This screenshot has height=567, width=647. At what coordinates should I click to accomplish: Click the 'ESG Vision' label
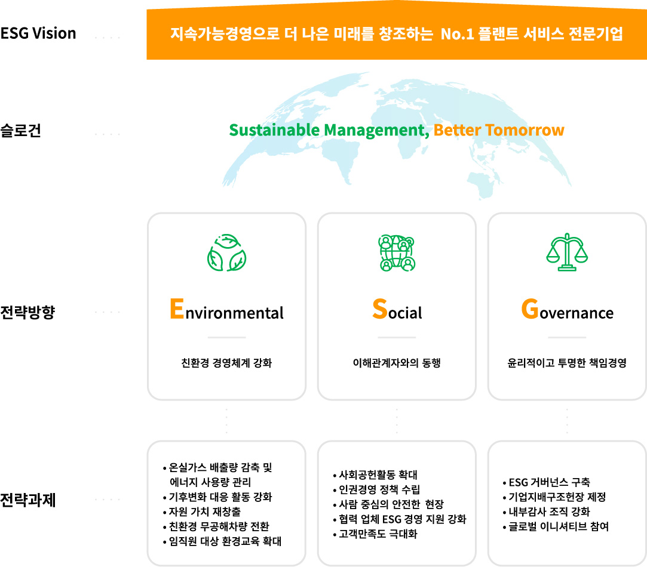(x=38, y=33)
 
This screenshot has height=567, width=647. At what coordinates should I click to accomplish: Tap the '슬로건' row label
(x=21, y=130)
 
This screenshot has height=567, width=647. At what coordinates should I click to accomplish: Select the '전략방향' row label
(x=27, y=312)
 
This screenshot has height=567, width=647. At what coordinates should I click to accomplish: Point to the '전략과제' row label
(x=27, y=500)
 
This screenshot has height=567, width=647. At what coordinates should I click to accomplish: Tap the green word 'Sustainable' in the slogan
(x=274, y=130)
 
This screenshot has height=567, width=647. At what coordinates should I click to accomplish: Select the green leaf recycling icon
(x=226, y=253)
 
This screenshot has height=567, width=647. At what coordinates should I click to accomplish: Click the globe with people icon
(x=397, y=253)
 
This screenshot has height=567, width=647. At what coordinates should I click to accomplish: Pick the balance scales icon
(x=567, y=252)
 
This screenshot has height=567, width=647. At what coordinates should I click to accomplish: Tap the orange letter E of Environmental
(x=177, y=309)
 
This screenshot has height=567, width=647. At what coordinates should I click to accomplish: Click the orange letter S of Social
(x=379, y=309)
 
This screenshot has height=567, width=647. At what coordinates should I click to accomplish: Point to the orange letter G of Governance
(x=530, y=309)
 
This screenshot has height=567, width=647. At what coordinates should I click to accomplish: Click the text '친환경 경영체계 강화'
(x=226, y=363)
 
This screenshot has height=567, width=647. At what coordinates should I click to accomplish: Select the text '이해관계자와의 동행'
(x=397, y=363)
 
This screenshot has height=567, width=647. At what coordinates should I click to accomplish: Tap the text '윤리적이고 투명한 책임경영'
(x=567, y=363)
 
